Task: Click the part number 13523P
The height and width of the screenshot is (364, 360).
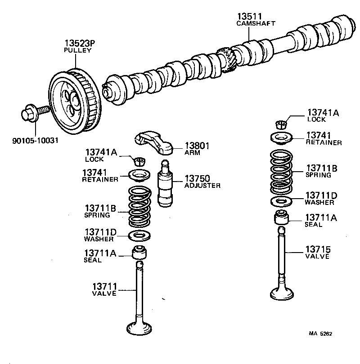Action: tap(80, 43)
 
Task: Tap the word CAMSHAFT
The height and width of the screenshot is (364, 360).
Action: tap(256, 23)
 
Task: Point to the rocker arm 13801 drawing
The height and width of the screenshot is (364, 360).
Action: tap(156, 141)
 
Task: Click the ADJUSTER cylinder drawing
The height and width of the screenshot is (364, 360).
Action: tap(165, 183)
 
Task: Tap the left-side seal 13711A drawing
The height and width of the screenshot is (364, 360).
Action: tap(139, 253)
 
